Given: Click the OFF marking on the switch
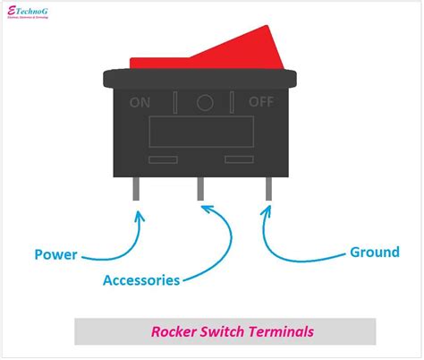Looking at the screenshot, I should click(x=260, y=101).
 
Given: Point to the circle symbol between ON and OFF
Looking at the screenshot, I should click(x=204, y=102).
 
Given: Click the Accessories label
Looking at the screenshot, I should click(x=141, y=279).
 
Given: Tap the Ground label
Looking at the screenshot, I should click(x=374, y=252).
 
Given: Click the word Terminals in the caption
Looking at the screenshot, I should click(x=284, y=331).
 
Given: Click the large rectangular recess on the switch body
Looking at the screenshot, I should click(x=201, y=133).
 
